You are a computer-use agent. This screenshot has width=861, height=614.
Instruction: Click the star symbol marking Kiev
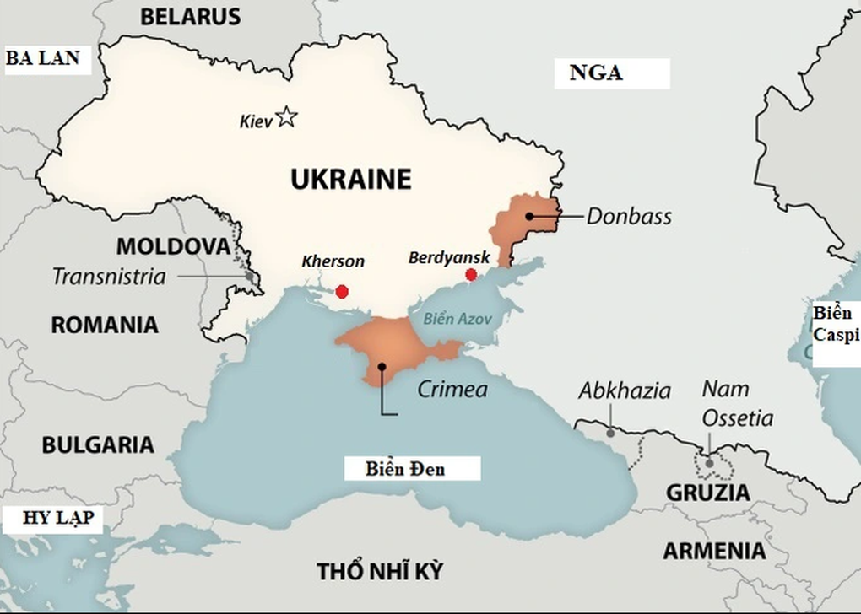click(287, 116)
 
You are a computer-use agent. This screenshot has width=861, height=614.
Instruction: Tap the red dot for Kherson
click(342, 292)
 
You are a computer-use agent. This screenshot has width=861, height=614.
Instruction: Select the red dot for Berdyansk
click(471, 275)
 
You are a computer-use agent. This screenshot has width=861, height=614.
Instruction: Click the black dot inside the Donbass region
click(529, 216)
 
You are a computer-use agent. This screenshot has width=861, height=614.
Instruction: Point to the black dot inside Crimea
click(382, 367)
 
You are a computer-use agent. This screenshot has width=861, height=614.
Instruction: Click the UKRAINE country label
click(350, 179)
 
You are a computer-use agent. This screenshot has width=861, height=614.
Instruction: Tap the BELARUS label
click(190, 16)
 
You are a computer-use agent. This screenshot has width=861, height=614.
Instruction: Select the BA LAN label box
click(44, 58)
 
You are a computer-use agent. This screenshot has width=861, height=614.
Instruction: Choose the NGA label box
click(597, 73)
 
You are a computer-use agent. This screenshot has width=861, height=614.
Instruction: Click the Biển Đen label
click(406, 468)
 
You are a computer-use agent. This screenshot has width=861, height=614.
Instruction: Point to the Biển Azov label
click(457, 319)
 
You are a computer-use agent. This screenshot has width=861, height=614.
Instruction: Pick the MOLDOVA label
click(172, 246)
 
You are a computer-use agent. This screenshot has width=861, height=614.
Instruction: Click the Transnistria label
click(109, 276)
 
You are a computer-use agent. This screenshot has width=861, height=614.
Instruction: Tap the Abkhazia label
click(625, 390)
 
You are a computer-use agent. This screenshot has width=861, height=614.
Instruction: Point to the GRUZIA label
click(707, 493)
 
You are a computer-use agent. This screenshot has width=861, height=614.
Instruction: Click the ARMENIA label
click(714, 551)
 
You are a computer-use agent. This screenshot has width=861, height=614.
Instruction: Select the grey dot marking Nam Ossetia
click(710, 463)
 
